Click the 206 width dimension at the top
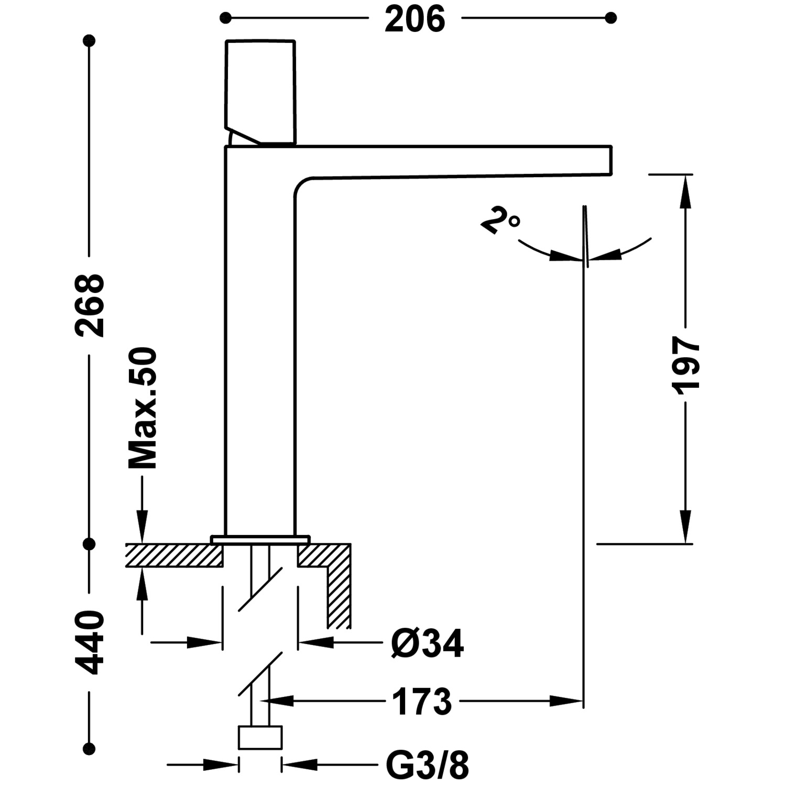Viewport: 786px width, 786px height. click(x=414, y=19)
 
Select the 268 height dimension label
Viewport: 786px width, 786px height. click(x=90, y=305)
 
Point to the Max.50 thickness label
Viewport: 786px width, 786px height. click(x=143, y=408)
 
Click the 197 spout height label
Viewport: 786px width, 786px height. click(x=685, y=365)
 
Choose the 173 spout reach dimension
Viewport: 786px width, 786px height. click(x=422, y=702)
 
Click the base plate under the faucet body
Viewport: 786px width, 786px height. click(x=260, y=540)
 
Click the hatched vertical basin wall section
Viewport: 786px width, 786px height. click(x=339, y=592)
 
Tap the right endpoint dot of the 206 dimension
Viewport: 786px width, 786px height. click(x=610, y=18)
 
